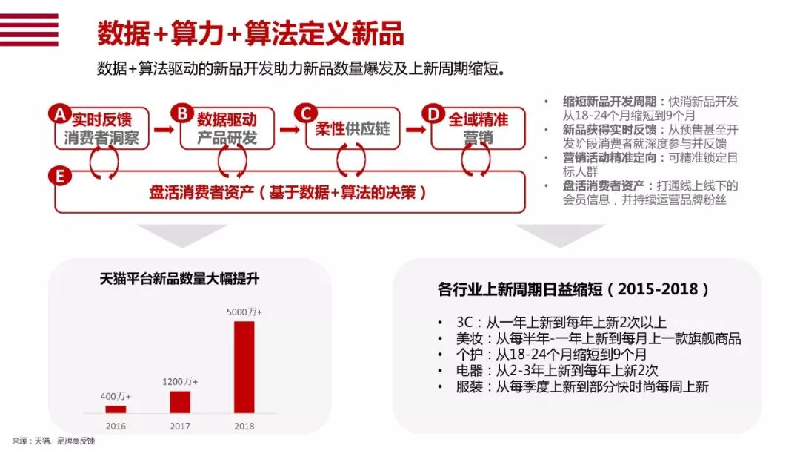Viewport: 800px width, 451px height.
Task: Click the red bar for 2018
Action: [x=244, y=366]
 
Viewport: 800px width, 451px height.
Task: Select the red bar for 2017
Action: [x=179, y=402]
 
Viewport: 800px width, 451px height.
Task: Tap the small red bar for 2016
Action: [x=116, y=409]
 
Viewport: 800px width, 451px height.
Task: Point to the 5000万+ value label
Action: [x=244, y=312]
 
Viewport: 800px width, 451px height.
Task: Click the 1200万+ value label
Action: [x=179, y=381]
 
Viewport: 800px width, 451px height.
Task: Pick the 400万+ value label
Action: [x=116, y=396]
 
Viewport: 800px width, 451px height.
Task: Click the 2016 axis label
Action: [x=116, y=426]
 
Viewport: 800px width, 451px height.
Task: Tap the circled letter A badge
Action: [x=60, y=113]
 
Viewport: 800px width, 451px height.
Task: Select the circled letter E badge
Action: [x=60, y=177]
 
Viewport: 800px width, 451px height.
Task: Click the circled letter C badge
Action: [x=306, y=113]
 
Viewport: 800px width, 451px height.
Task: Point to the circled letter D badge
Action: [x=433, y=113]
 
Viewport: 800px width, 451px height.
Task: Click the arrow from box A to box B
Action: [x=164, y=129]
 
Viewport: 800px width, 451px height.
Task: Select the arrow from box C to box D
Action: [x=416, y=129]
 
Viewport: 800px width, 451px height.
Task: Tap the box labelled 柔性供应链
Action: [x=353, y=129]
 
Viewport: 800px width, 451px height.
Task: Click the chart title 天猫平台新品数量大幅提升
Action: [x=179, y=279]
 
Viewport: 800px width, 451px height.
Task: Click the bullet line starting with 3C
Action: [x=561, y=322]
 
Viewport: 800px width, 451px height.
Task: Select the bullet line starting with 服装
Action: [x=582, y=386]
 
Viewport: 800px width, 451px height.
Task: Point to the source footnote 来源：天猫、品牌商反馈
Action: [x=53, y=441]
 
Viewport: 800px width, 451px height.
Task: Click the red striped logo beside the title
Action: [x=29, y=30]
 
